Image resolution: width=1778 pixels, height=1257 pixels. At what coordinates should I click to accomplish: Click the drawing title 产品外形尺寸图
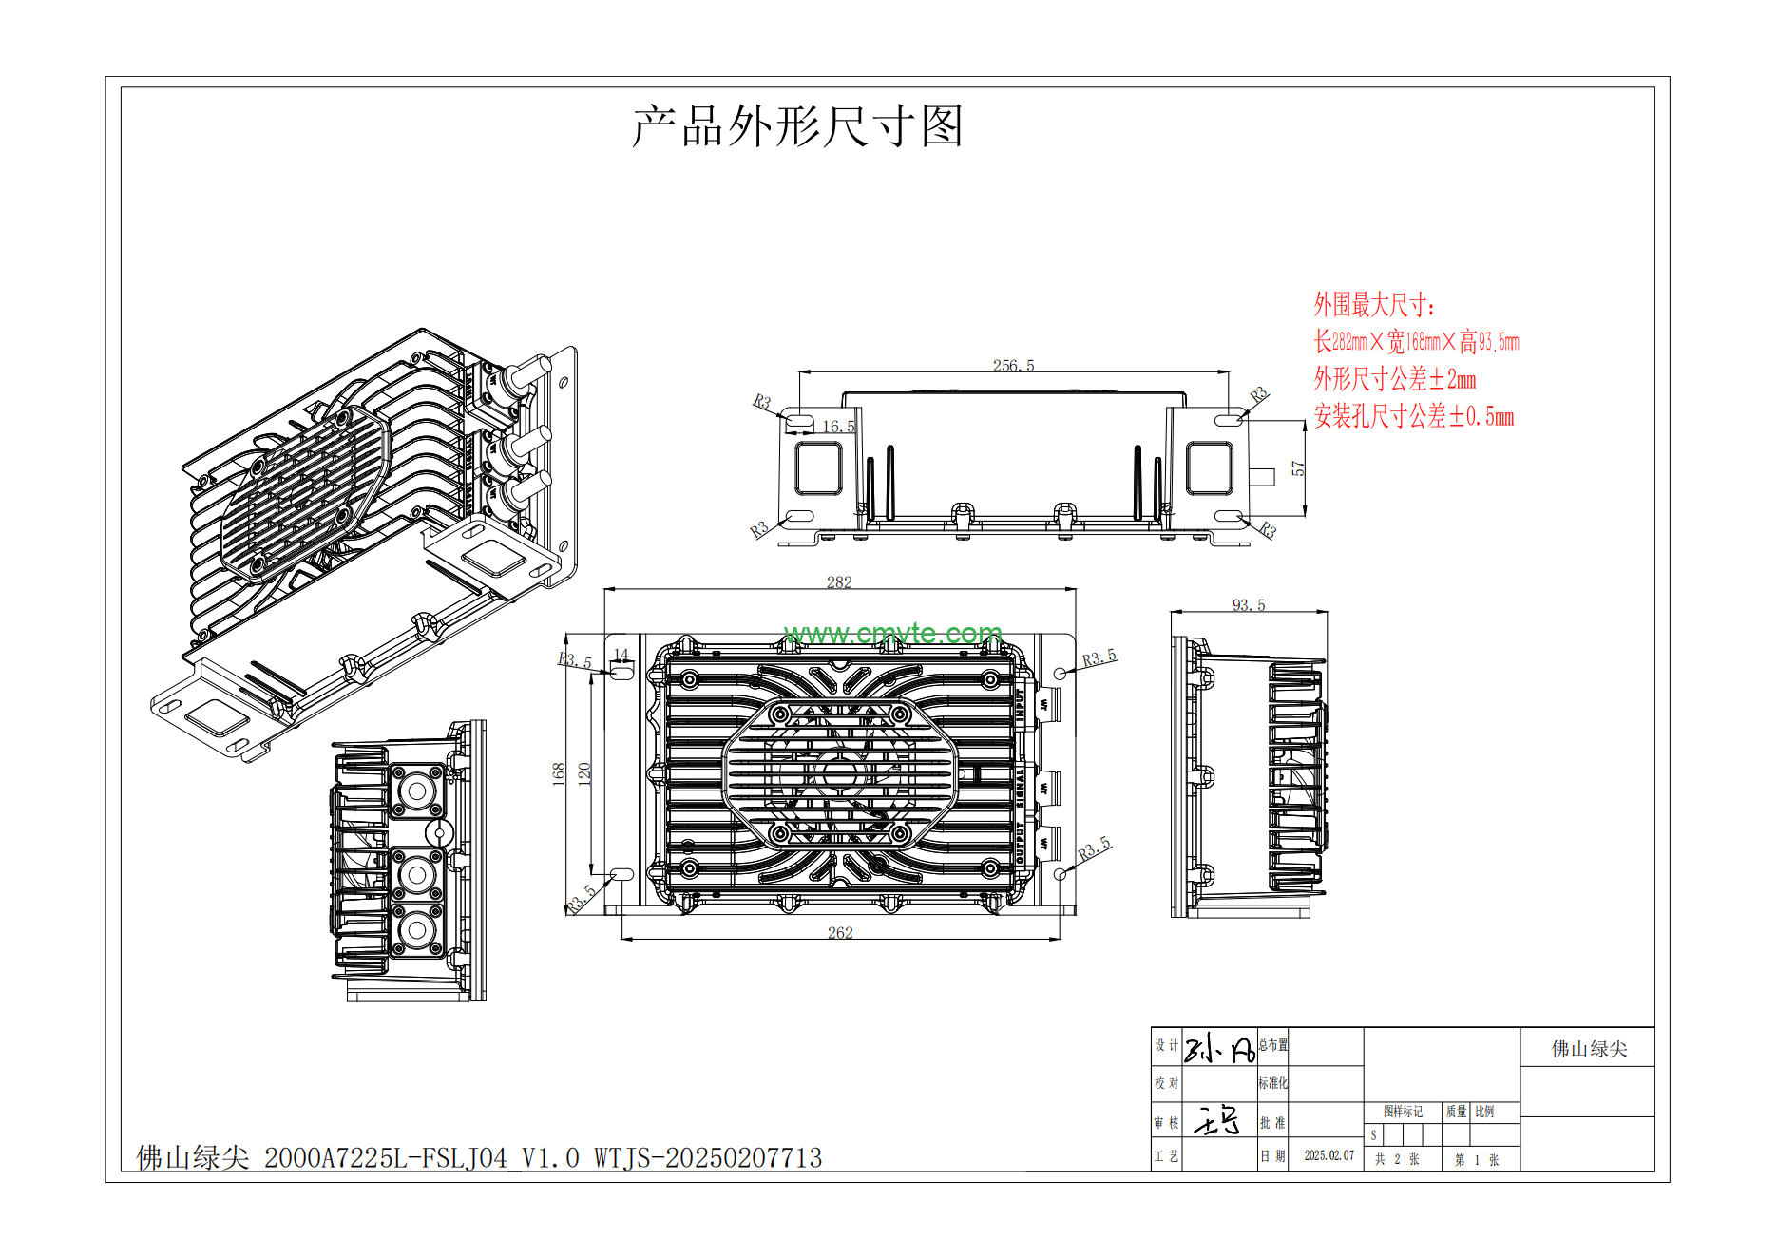797,126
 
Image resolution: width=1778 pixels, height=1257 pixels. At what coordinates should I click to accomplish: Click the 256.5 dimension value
1013,366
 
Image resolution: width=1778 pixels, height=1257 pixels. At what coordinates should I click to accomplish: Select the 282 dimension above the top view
839,582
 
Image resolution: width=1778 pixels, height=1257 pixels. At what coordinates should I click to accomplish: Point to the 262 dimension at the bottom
840,933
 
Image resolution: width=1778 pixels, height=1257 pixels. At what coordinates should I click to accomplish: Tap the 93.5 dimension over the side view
1249,605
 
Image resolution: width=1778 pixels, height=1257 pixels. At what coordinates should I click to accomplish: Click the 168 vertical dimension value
559,773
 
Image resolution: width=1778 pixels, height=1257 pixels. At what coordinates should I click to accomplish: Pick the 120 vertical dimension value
584,773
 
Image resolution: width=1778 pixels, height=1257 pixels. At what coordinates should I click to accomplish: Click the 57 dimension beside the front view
1298,468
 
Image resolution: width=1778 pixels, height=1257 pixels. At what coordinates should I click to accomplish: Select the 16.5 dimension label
838,427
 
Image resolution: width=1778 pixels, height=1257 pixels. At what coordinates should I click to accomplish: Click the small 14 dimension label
621,655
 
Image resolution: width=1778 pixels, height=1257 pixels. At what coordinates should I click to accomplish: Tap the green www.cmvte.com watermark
893,633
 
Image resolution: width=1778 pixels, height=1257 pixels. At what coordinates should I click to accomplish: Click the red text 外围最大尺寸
1373,305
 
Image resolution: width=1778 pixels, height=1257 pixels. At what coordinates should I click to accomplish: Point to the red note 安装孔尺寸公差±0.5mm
1413,416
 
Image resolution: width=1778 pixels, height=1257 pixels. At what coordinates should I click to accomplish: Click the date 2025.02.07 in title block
1329,1155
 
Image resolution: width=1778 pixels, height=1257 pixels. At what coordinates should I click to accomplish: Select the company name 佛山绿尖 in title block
1589,1049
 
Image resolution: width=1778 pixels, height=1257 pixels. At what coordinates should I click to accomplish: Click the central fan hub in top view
839,773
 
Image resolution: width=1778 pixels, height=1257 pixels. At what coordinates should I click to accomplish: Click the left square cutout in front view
818,468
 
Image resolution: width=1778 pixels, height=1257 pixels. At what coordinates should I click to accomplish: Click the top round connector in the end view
416,791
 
